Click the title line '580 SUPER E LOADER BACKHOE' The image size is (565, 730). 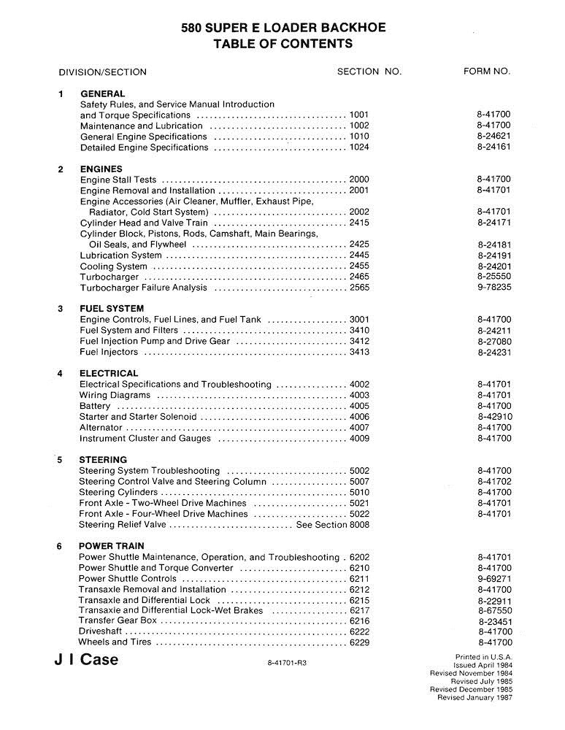tap(283, 28)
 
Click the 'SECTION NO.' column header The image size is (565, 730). tap(369, 72)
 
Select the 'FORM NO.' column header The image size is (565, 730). tap(487, 72)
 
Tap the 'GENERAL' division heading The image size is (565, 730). tap(102, 93)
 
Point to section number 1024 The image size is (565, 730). tap(360, 147)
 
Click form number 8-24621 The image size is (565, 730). tap(494, 137)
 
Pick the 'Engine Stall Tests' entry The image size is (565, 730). tap(118, 180)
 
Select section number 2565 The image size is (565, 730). tap(360, 288)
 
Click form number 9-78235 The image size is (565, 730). tap(494, 288)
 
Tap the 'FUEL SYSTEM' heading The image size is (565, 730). tap(112, 309)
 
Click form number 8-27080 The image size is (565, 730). tap(494, 342)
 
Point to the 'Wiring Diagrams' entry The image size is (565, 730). tap(115, 395)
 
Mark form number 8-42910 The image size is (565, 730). tap(494, 417)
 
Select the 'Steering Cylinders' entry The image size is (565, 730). tap(118, 493)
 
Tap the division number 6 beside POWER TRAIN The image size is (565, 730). tap(60, 546)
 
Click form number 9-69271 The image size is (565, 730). tap(494, 579)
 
